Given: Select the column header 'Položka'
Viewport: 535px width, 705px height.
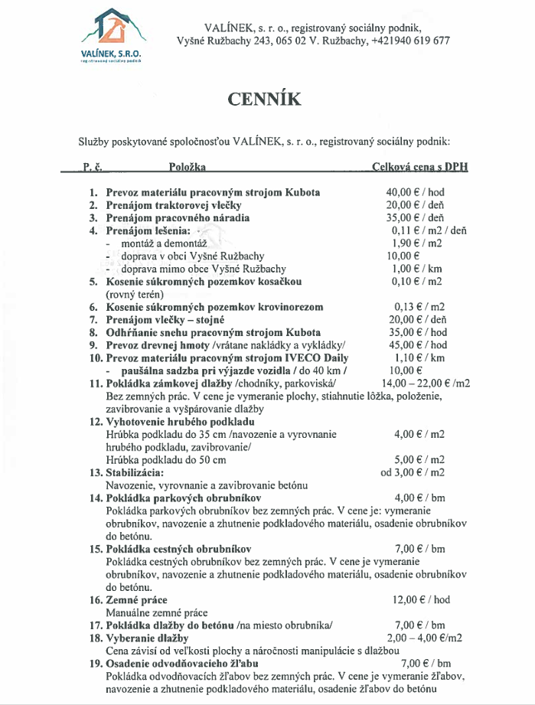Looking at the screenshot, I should pyautogui.click(x=188, y=166).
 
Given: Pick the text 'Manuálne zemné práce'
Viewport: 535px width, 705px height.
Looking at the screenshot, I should pyautogui.click(x=156, y=612).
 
